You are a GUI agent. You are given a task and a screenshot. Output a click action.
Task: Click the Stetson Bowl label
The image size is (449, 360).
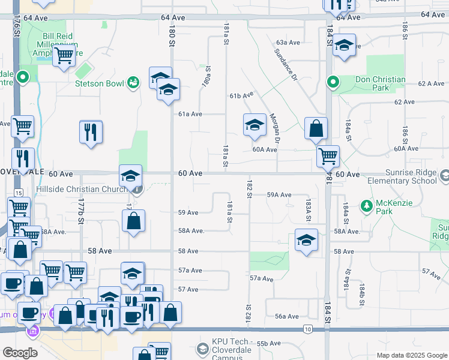99,83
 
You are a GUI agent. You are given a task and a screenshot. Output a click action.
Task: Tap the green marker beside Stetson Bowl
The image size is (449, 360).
133,82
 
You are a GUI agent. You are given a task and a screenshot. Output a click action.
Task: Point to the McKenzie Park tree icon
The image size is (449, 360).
366,206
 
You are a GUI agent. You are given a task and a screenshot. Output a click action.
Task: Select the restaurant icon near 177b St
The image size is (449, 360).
91,132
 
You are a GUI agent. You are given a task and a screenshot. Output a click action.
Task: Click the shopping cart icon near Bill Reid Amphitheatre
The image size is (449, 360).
64,57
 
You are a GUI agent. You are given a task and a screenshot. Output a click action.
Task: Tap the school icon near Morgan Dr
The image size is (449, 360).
255,125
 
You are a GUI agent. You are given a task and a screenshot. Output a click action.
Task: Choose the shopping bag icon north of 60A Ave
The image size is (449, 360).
316,128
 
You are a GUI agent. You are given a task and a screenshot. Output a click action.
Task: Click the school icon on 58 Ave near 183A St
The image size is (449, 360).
306,241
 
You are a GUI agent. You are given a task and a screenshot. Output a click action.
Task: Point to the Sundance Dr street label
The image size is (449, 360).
286,65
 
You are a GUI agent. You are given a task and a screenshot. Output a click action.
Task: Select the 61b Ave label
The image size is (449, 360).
241,95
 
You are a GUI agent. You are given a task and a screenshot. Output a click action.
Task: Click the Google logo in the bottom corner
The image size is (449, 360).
20,353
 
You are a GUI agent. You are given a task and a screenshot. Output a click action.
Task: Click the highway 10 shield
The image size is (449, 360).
307,329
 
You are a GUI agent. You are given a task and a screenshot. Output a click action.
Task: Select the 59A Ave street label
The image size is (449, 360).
279,194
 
